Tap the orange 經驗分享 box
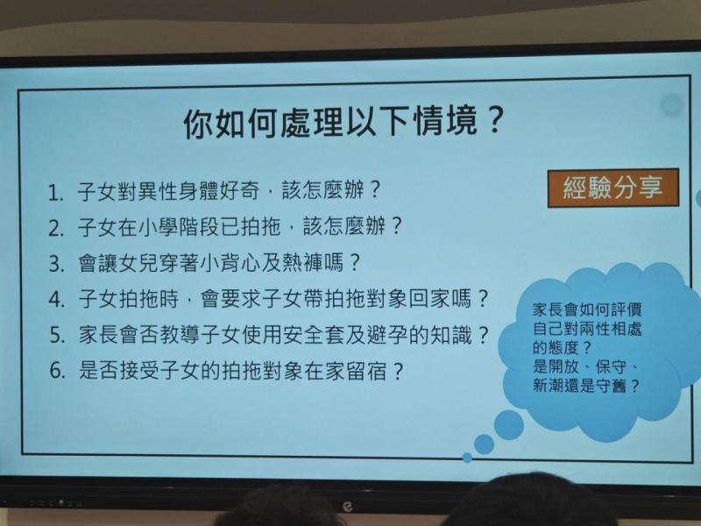click(612, 188)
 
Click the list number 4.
click(56, 299)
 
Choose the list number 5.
click(56, 335)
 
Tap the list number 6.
click(57, 371)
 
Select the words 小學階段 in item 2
click(179, 226)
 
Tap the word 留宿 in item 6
click(365, 371)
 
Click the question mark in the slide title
click(494, 121)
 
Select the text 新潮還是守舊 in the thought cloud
click(579, 386)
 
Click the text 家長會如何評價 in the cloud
click(587, 309)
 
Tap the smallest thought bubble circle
click(467, 457)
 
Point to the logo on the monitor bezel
click(347, 507)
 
